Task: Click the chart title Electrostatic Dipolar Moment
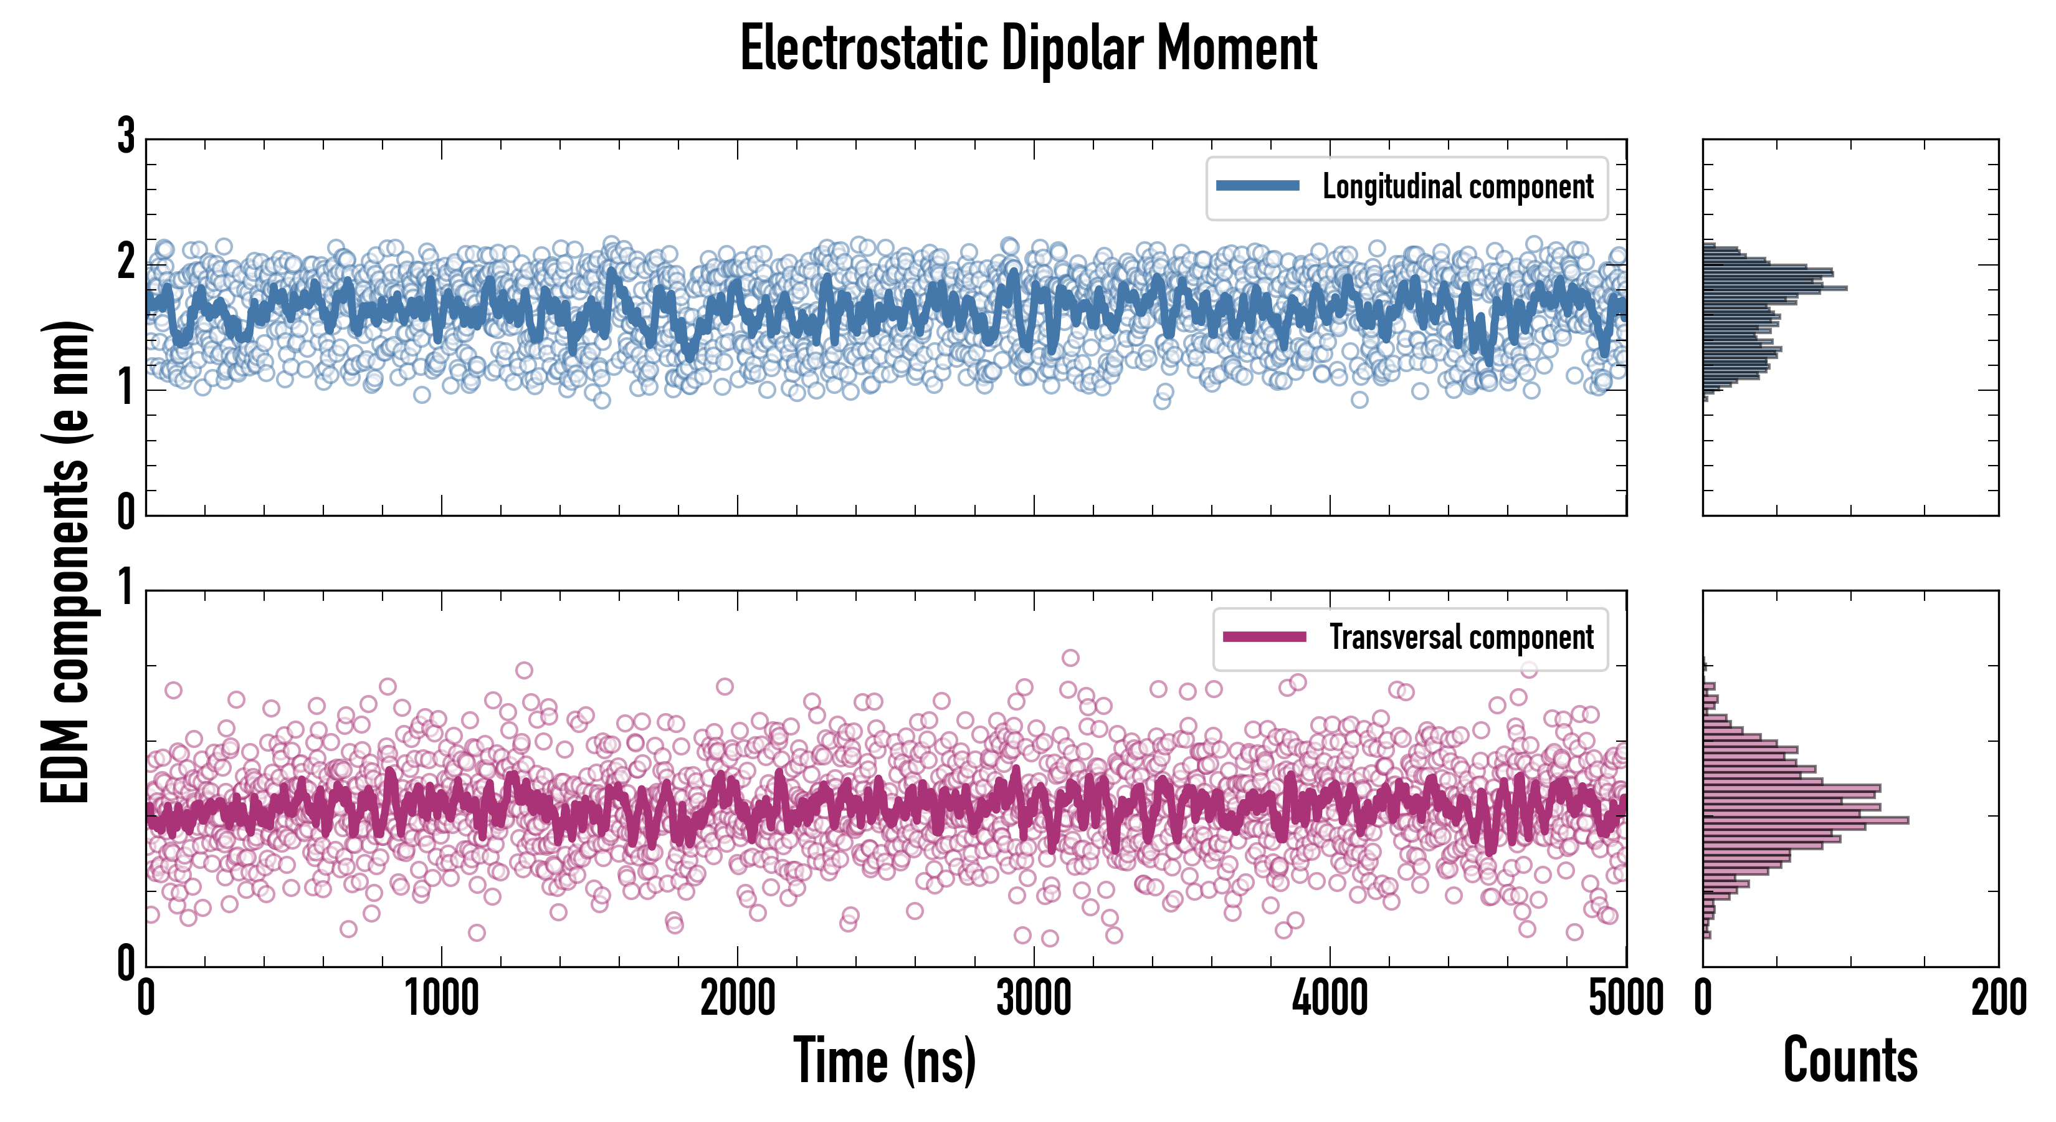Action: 1028,49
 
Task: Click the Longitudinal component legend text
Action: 1457,187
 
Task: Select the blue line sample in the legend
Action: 1258,186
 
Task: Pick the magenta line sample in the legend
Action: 1264,637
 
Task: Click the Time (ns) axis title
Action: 884,1060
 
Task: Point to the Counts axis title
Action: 1850,1060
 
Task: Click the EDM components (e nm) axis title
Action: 65,562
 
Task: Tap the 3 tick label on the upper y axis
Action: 126,137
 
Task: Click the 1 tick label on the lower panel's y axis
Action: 126,588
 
